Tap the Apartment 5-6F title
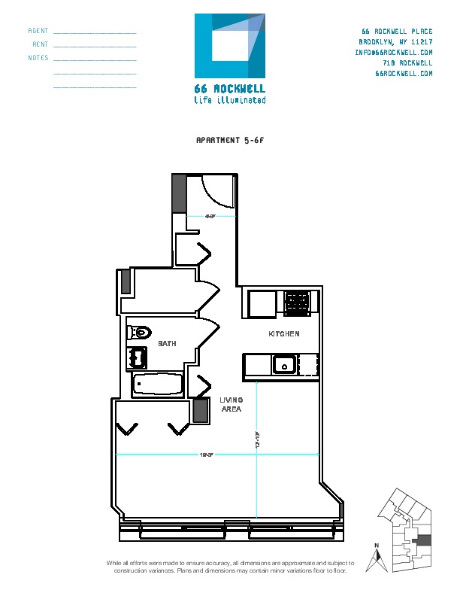pos(230,140)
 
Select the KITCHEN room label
pos(284,333)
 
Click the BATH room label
pos(167,344)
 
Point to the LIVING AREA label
pos(231,405)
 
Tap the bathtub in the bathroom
pos(158,386)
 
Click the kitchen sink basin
pos(284,366)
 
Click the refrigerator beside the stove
pos(262,304)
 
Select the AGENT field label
pos(38,32)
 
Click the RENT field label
pos(41,44)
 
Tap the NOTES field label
pos(38,57)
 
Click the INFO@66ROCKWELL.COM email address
pos(394,53)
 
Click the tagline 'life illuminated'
pos(229,100)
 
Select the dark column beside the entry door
pos(179,193)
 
